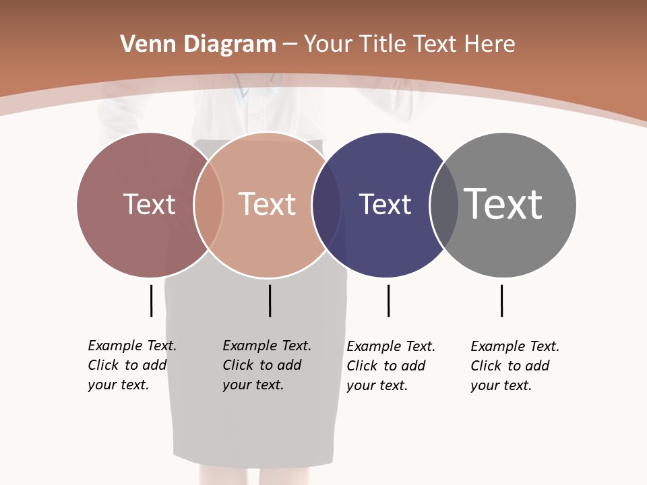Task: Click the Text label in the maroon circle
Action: tap(149, 204)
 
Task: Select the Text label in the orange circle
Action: tap(268, 204)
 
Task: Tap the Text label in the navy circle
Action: tap(385, 204)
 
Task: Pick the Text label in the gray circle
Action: tap(503, 204)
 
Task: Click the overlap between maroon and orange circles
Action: tap(208, 205)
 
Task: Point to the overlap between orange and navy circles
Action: tap(326, 205)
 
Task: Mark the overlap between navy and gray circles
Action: tap(443, 205)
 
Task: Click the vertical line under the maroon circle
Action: tap(151, 300)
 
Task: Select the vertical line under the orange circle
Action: tap(270, 300)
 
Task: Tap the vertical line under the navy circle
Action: tap(388, 300)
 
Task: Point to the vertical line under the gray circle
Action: tap(501, 300)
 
